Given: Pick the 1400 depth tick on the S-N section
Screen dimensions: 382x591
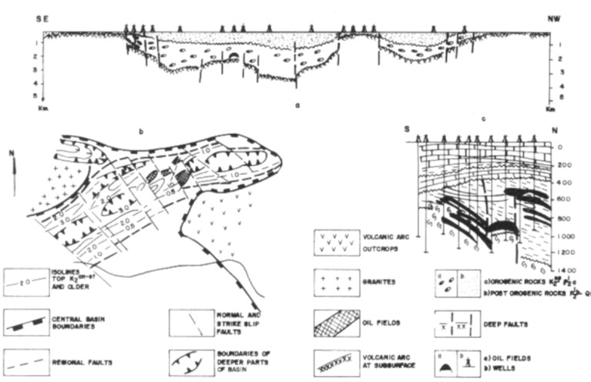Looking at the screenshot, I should [x=568, y=272].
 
